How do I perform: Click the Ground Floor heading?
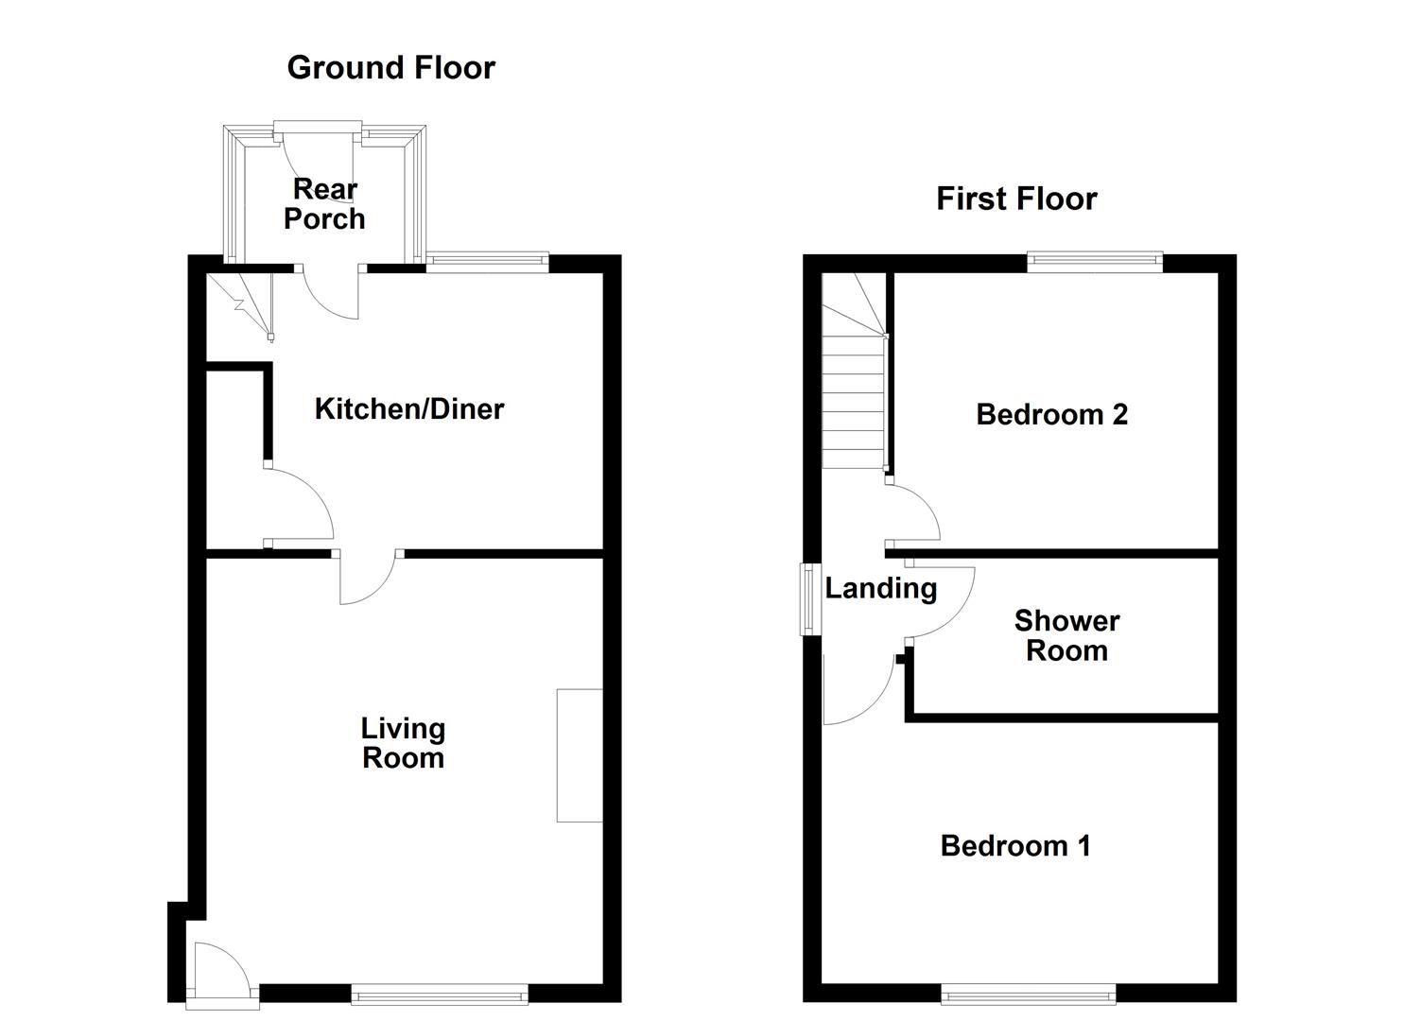(x=391, y=68)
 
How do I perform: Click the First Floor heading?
(x=1016, y=199)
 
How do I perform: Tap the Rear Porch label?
(x=324, y=203)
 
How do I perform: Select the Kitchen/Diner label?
(x=409, y=409)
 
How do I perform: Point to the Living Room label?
(x=404, y=743)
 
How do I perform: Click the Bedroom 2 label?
(x=1051, y=415)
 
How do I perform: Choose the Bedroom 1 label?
(x=1015, y=846)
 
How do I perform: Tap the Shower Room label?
(x=1066, y=635)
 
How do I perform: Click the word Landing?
(x=880, y=589)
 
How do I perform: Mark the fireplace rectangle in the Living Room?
(x=580, y=755)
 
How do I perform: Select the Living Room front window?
(x=440, y=994)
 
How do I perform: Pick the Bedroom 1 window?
(x=1029, y=994)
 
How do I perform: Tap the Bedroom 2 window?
(x=1095, y=263)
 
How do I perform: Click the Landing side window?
(x=811, y=600)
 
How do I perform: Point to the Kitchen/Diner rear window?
(x=488, y=263)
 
